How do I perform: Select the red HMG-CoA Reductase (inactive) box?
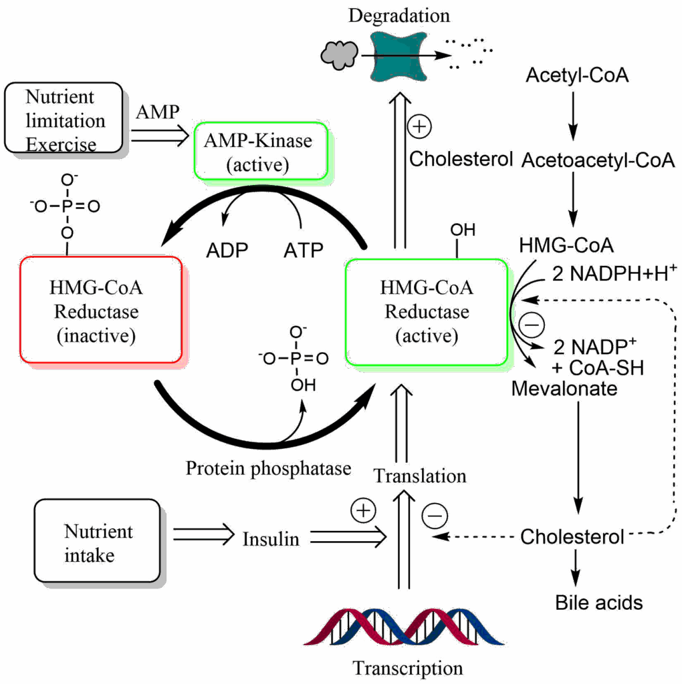tap(101, 311)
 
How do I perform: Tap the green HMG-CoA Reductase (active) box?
tap(426, 311)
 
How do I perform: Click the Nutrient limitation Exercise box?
tap(64, 118)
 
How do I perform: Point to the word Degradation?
tap(399, 15)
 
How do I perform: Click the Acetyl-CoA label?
tap(576, 75)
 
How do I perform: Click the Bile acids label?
tap(598, 603)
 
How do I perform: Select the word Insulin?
tap(270, 538)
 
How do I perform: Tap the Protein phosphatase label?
tap(267, 468)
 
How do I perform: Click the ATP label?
tap(302, 250)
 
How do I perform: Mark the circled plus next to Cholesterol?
tap(421, 126)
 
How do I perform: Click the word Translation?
tap(419, 476)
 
